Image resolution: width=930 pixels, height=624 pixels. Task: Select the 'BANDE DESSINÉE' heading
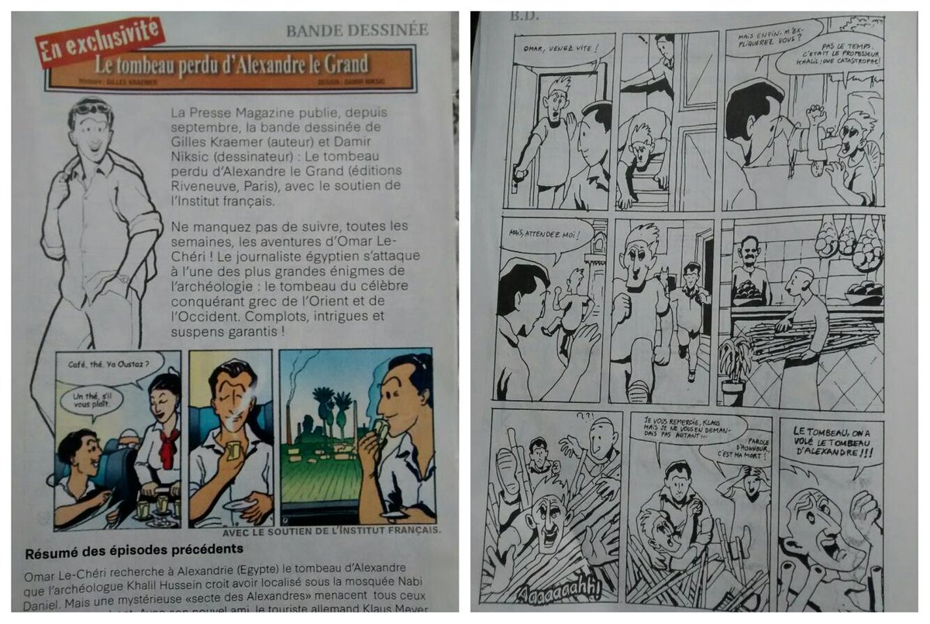coord(356,30)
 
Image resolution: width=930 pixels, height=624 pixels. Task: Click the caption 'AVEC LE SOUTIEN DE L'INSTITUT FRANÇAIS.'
coord(332,531)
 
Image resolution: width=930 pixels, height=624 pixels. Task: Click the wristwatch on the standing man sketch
coord(123,278)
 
